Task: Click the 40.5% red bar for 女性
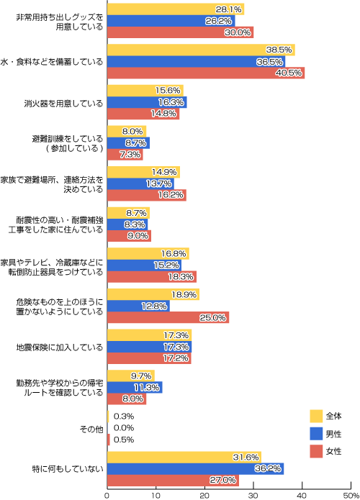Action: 206,73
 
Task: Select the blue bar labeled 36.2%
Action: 195,469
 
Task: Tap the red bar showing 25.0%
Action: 168,317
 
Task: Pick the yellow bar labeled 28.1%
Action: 176,9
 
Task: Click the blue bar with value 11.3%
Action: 135,388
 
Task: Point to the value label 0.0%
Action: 124,428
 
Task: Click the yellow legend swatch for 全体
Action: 316,416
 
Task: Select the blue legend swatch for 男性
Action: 316,434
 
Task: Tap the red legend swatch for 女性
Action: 316,452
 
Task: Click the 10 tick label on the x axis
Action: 156,496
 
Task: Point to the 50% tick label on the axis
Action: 351,496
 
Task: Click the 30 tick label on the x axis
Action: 253,496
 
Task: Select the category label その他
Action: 91,429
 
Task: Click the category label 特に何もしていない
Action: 68,469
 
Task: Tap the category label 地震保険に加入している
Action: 60,347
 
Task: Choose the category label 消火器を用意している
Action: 63,104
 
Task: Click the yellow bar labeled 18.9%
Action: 153,294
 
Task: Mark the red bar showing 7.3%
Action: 125,155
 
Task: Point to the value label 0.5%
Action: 124,440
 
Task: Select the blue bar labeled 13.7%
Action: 140,183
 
